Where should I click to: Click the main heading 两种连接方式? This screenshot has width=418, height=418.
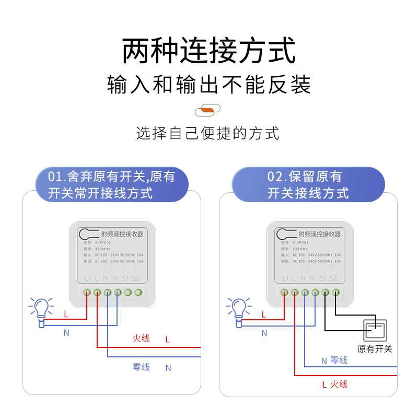coord(209,51)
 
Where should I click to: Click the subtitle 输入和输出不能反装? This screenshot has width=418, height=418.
coord(209,85)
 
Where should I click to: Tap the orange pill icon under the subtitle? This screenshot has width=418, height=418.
coord(207,110)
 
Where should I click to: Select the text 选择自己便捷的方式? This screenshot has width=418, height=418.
coord(208,133)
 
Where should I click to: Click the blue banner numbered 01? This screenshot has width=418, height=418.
coord(111,184)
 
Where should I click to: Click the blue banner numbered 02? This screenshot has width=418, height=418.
coord(308,184)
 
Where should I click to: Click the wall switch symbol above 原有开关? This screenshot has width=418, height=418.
coord(375,329)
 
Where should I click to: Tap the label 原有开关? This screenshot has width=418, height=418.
coord(375,349)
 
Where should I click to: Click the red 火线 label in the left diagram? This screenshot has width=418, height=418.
coord(141,339)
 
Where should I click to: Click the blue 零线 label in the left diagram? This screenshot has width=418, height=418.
coord(141,367)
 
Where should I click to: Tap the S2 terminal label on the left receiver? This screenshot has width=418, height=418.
coord(135,278)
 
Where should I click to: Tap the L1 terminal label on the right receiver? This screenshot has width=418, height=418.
coord(285,278)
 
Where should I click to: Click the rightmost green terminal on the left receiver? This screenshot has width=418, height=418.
coord(138,293)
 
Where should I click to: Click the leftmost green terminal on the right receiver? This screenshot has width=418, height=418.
coord(285,293)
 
